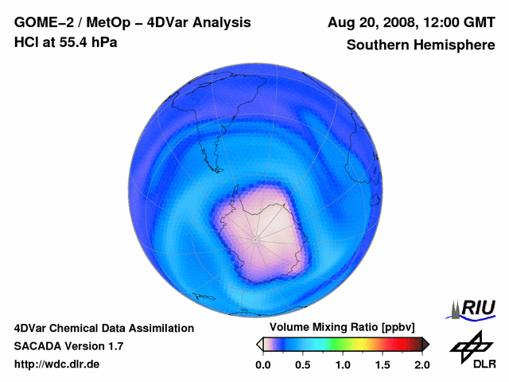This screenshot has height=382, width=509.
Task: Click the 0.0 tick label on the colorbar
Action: (x=262, y=364)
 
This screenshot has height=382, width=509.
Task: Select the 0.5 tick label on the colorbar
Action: (x=302, y=364)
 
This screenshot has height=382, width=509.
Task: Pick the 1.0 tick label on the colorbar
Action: (x=342, y=364)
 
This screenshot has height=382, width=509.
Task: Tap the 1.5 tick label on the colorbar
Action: (x=382, y=364)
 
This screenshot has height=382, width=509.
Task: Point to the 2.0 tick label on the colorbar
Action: (x=422, y=364)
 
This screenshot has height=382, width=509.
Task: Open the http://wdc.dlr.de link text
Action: (x=57, y=364)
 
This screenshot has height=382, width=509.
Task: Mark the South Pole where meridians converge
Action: (x=254, y=239)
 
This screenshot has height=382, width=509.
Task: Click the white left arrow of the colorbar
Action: (x=259, y=344)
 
